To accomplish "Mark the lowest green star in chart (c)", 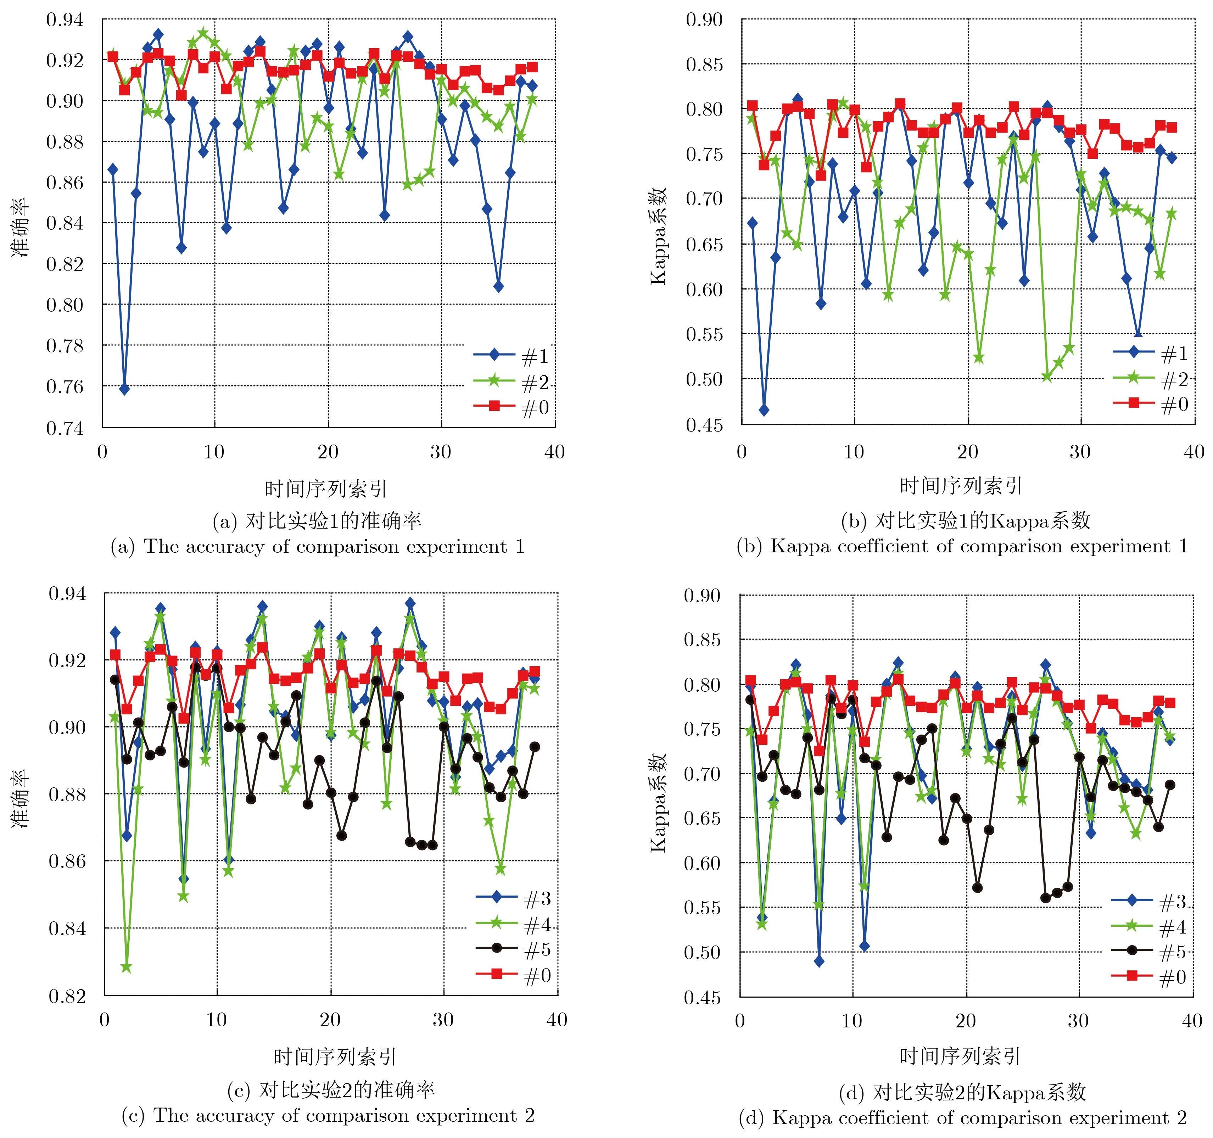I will point(126,967).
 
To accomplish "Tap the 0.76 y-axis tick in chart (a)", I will point(64,387).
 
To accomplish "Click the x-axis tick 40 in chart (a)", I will point(554,452).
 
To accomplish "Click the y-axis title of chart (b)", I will point(658,236).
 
